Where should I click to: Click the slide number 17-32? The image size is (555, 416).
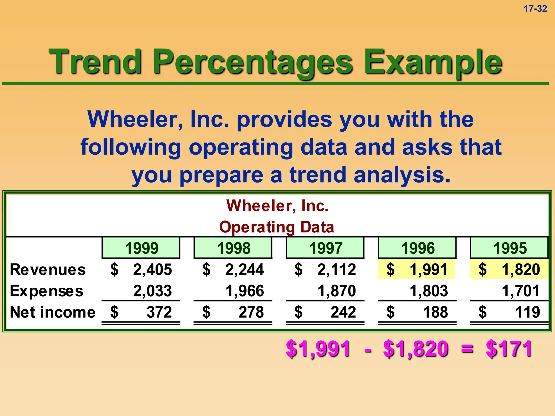point(535,9)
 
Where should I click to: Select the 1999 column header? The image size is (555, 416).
point(141,248)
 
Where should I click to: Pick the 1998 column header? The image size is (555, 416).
point(233,248)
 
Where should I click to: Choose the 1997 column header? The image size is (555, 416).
point(325,248)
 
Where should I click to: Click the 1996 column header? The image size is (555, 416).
point(417,248)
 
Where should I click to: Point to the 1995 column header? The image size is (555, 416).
point(509,248)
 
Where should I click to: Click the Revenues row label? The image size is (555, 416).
point(48,270)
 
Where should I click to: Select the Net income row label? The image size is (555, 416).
point(53,312)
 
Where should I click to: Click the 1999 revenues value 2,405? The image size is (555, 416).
point(152,270)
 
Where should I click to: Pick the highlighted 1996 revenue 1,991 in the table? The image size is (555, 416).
point(428,270)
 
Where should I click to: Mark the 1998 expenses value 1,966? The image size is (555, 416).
point(244,291)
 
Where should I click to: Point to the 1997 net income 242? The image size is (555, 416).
point(343,312)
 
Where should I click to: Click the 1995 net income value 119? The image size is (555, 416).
point(527,312)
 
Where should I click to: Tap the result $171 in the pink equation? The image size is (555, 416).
point(509,349)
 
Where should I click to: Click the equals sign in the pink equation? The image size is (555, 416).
point(467,349)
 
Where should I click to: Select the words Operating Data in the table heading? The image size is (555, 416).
point(277,227)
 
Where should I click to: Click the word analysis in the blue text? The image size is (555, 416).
point(402,175)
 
